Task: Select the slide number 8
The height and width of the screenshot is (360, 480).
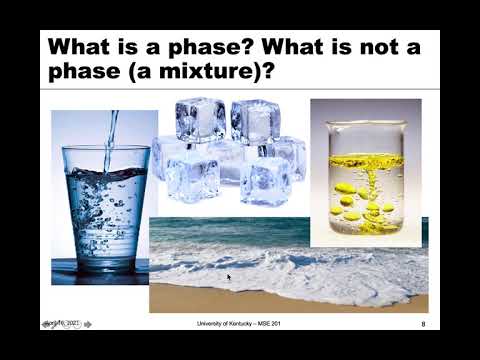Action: click(x=423, y=324)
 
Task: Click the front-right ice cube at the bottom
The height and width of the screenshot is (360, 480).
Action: click(x=264, y=182)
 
